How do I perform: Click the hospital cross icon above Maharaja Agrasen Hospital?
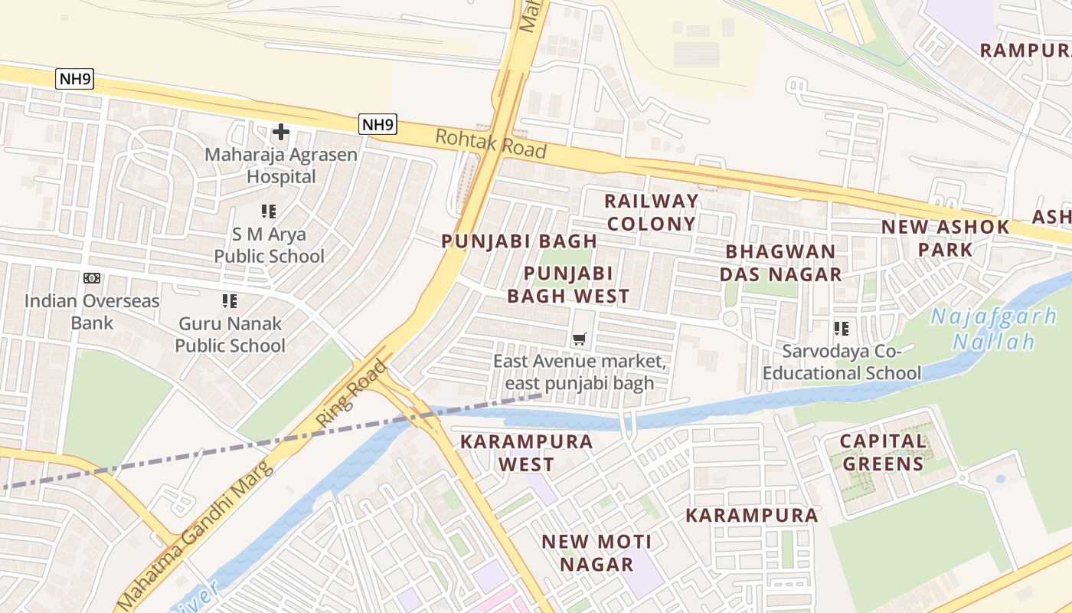pyautogui.click(x=281, y=132)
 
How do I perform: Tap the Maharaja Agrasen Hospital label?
pyautogui.click(x=281, y=166)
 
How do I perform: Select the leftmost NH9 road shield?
pyautogui.click(x=75, y=78)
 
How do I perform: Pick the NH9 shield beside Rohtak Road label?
pyautogui.click(x=377, y=124)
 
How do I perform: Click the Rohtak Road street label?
pyautogui.click(x=491, y=144)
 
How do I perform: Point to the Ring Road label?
pyautogui.click(x=351, y=394)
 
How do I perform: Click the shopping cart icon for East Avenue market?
pyautogui.click(x=580, y=339)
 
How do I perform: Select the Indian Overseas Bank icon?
pyautogui.click(x=92, y=278)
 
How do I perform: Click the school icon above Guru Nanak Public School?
pyautogui.click(x=230, y=301)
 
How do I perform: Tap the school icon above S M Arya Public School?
pyautogui.click(x=268, y=211)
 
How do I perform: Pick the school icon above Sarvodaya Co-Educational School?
pyautogui.click(x=842, y=329)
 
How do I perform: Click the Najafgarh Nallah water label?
pyautogui.click(x=994, y=328)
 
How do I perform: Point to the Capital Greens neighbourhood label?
pyautogui.click(x=883, y=452)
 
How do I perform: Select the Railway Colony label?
pyautogui.click(x=652, y=212)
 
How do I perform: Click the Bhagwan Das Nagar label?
pyautogui.click(x=781, y=263)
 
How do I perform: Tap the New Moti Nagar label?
pyautogui.click(x=596, y=552)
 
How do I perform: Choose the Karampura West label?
pyautogui.click(x=526, y=453)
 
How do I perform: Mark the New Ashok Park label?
pyautogui.click(x=946, y=238)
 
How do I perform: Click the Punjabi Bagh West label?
pyautogui.click(x=577, y=284)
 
